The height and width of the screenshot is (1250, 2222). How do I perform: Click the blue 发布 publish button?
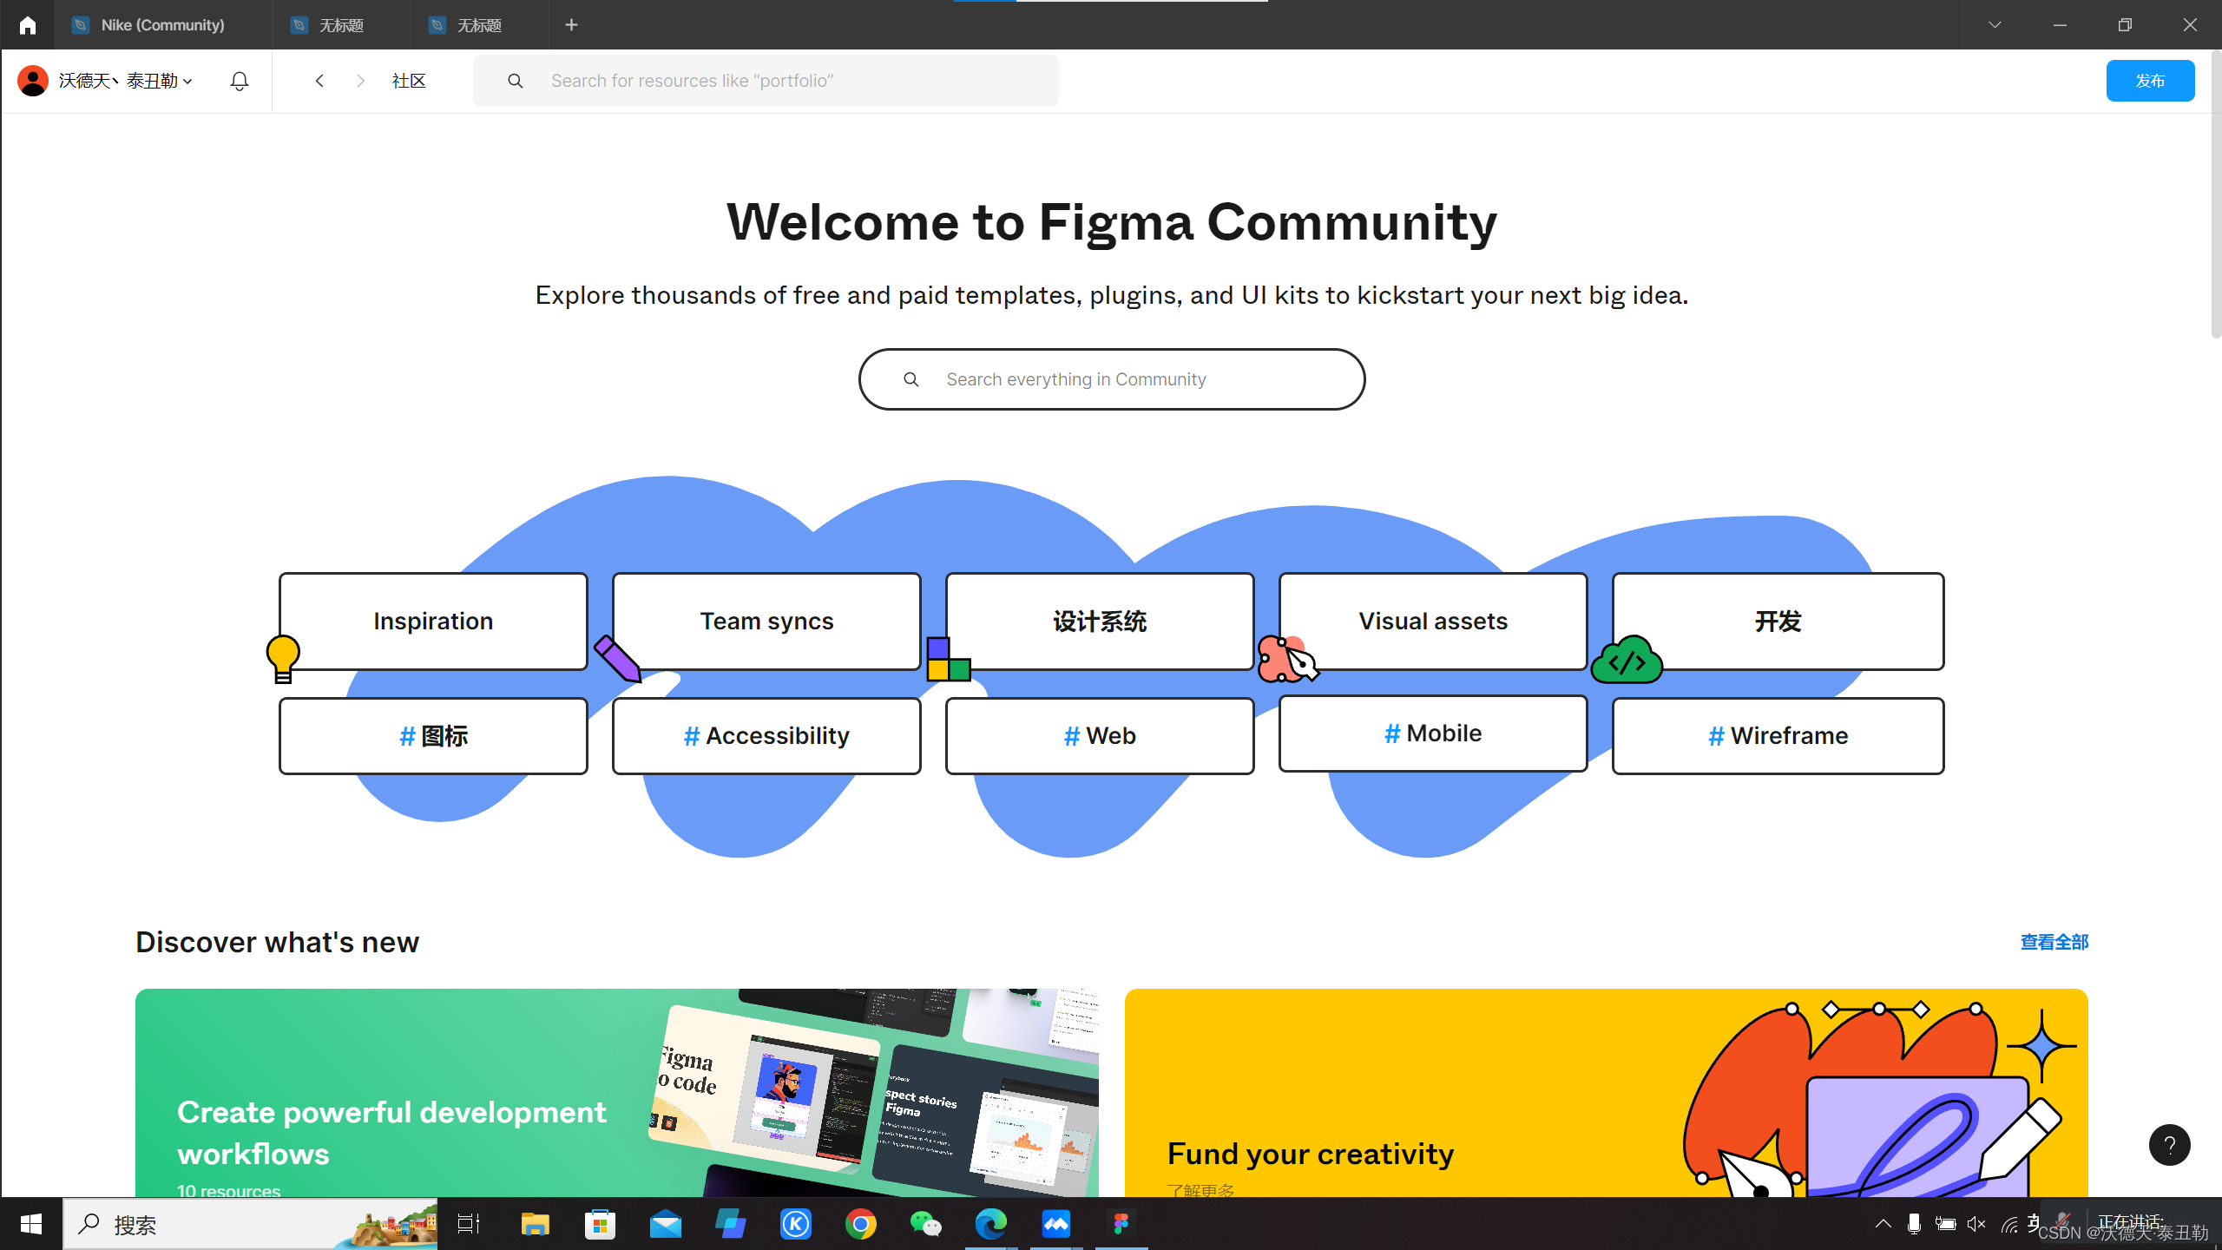(x=2149, y=81)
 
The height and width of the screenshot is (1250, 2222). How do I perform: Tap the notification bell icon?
(x=240, y=81)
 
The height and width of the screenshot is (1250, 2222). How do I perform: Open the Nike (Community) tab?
(x=162, y=25)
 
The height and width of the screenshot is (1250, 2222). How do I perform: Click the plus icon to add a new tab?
(x=571, y=25)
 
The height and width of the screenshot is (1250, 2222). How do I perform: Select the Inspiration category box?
(x=433, y=621)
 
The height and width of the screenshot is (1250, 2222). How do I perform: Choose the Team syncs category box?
(x=766, y=621)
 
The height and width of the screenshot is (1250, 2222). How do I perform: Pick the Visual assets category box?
(x=1433, y=621)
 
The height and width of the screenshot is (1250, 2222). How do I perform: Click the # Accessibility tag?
(x=766, y=735)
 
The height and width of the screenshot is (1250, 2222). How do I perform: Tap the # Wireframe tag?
(x=1778, y=735)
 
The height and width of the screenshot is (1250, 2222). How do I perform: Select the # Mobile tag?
(x=1433, y=734)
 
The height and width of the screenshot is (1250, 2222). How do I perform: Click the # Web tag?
(x=1100, y=735)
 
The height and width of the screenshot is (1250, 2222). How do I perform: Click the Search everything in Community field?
(x=1111, y=379)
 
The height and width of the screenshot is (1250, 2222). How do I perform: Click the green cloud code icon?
(x=1627, y=661)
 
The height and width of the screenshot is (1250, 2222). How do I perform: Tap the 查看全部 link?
(x=2054, y=942)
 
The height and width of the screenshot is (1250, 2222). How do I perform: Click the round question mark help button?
(x=2169, y=1145)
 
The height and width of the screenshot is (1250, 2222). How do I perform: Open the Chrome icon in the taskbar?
(x=860, y=1224)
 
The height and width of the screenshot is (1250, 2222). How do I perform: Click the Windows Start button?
(x=31, y=1224)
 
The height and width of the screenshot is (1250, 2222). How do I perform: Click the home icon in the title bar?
(x=28, y=25)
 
